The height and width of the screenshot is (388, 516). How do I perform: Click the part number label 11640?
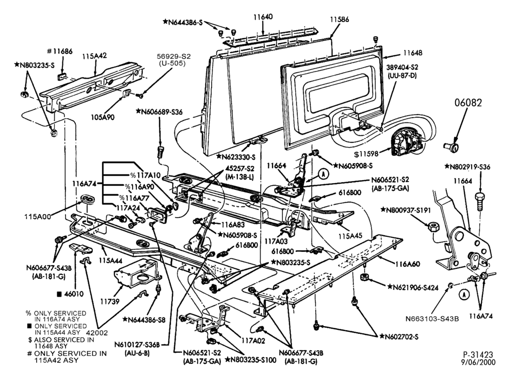[263, 17]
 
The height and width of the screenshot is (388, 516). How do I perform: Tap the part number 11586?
[340, 20]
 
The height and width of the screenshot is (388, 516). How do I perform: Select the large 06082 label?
[469, 103]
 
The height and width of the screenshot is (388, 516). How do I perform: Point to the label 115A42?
[94, 56]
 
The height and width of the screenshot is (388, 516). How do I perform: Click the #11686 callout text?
[59, 52]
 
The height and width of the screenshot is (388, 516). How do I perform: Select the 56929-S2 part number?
[174, 57]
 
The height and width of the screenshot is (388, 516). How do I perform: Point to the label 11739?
[110, 301]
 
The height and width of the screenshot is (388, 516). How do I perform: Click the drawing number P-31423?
[478, 354]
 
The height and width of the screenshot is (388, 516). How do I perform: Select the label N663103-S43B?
[432, 318]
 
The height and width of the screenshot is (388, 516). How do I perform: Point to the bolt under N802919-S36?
[480, 202]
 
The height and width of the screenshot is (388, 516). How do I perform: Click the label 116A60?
[408, 264]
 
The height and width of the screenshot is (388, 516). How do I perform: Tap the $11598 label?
[366, 153]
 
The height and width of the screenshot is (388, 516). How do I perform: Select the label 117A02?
[253, 341]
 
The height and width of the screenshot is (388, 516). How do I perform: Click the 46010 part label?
[71, 294]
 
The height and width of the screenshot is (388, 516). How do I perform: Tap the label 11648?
[413, 53]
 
